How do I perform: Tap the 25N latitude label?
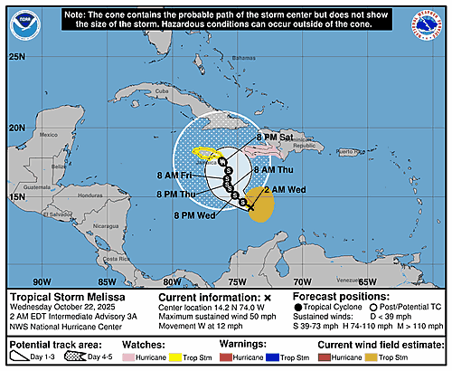(x=17, y=57)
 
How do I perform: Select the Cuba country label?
(x=163, y=92)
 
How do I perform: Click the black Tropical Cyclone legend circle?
(x=299, y=309)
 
